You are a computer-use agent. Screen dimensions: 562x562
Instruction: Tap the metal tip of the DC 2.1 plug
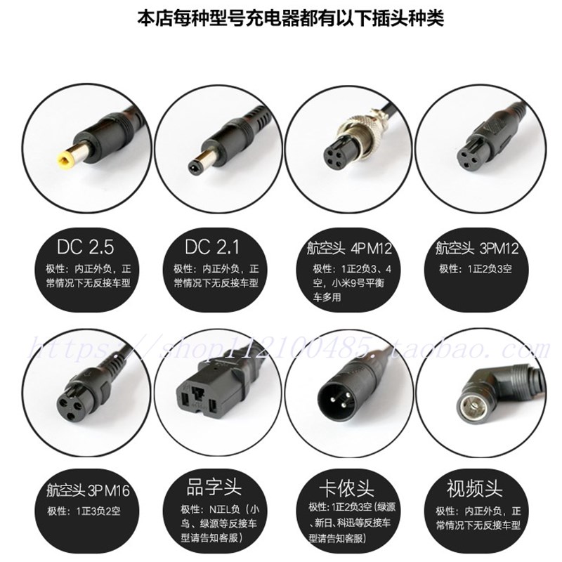coord(192,166)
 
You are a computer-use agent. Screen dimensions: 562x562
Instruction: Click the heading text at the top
coord(280,17)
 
